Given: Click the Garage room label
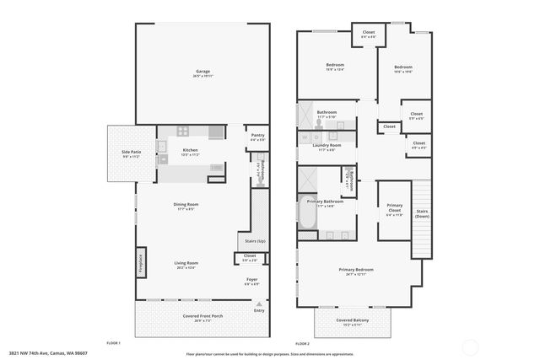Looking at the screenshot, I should click(202, 72).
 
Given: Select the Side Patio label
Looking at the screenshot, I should click(131, 153).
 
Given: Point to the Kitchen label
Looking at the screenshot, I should click(190, 152).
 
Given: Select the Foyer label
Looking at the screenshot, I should click(251, 281).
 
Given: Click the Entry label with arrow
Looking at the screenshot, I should click(259, 309).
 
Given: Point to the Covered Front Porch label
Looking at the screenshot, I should click(202, 318).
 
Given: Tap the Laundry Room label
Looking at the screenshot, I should click(326, 147).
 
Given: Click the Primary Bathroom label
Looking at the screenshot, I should click(326, 203).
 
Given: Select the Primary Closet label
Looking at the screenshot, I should click(394, 207).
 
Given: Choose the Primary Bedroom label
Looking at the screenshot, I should click(355, 271).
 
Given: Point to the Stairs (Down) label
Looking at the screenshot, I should click(422, 213).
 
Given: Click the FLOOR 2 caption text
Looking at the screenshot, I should click(302, 344).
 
